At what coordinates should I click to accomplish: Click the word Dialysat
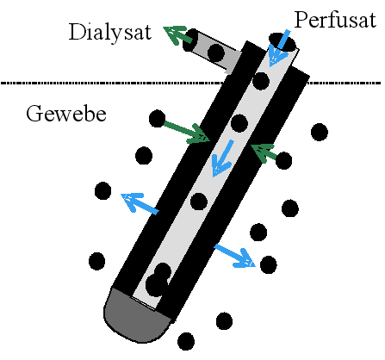point(110,32)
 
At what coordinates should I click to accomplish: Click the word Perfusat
point(335,20)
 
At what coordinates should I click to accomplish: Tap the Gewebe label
point(66,114)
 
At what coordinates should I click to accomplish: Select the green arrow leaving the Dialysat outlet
point(177,35)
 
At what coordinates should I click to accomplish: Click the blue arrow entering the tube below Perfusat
point(279,47)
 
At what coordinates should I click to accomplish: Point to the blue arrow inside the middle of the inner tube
point(222,158)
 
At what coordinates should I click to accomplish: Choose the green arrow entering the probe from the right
point(264,152)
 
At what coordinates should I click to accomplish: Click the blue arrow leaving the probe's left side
point(140,202)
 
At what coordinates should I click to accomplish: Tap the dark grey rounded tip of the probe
point(137,316)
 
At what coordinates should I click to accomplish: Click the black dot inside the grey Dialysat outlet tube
point(215,53)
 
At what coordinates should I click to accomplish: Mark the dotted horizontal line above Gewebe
point(192,83)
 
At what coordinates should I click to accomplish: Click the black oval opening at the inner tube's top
point(283,42)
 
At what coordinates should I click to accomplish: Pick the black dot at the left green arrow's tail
point(158,118)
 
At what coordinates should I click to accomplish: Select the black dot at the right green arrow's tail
point(283,161)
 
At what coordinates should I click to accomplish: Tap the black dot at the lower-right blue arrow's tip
point(269,264)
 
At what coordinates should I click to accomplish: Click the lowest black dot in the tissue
point(186,341)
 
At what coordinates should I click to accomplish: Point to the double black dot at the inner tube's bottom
point(158,279)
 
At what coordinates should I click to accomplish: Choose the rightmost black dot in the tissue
point(320,132)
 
